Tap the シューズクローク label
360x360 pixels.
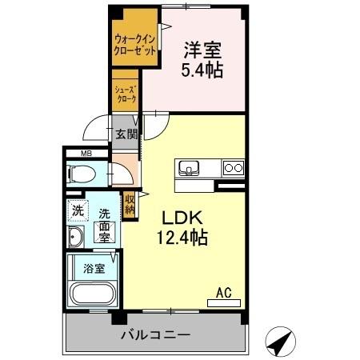[x=126, y=95]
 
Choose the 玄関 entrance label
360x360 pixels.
[x=126, y=134]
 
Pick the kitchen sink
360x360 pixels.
[x=190, y=168]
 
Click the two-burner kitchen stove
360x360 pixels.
[x=233, y=168]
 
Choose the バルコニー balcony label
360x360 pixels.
[x=156, y=334]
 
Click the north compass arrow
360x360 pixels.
[x=279, y=342]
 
